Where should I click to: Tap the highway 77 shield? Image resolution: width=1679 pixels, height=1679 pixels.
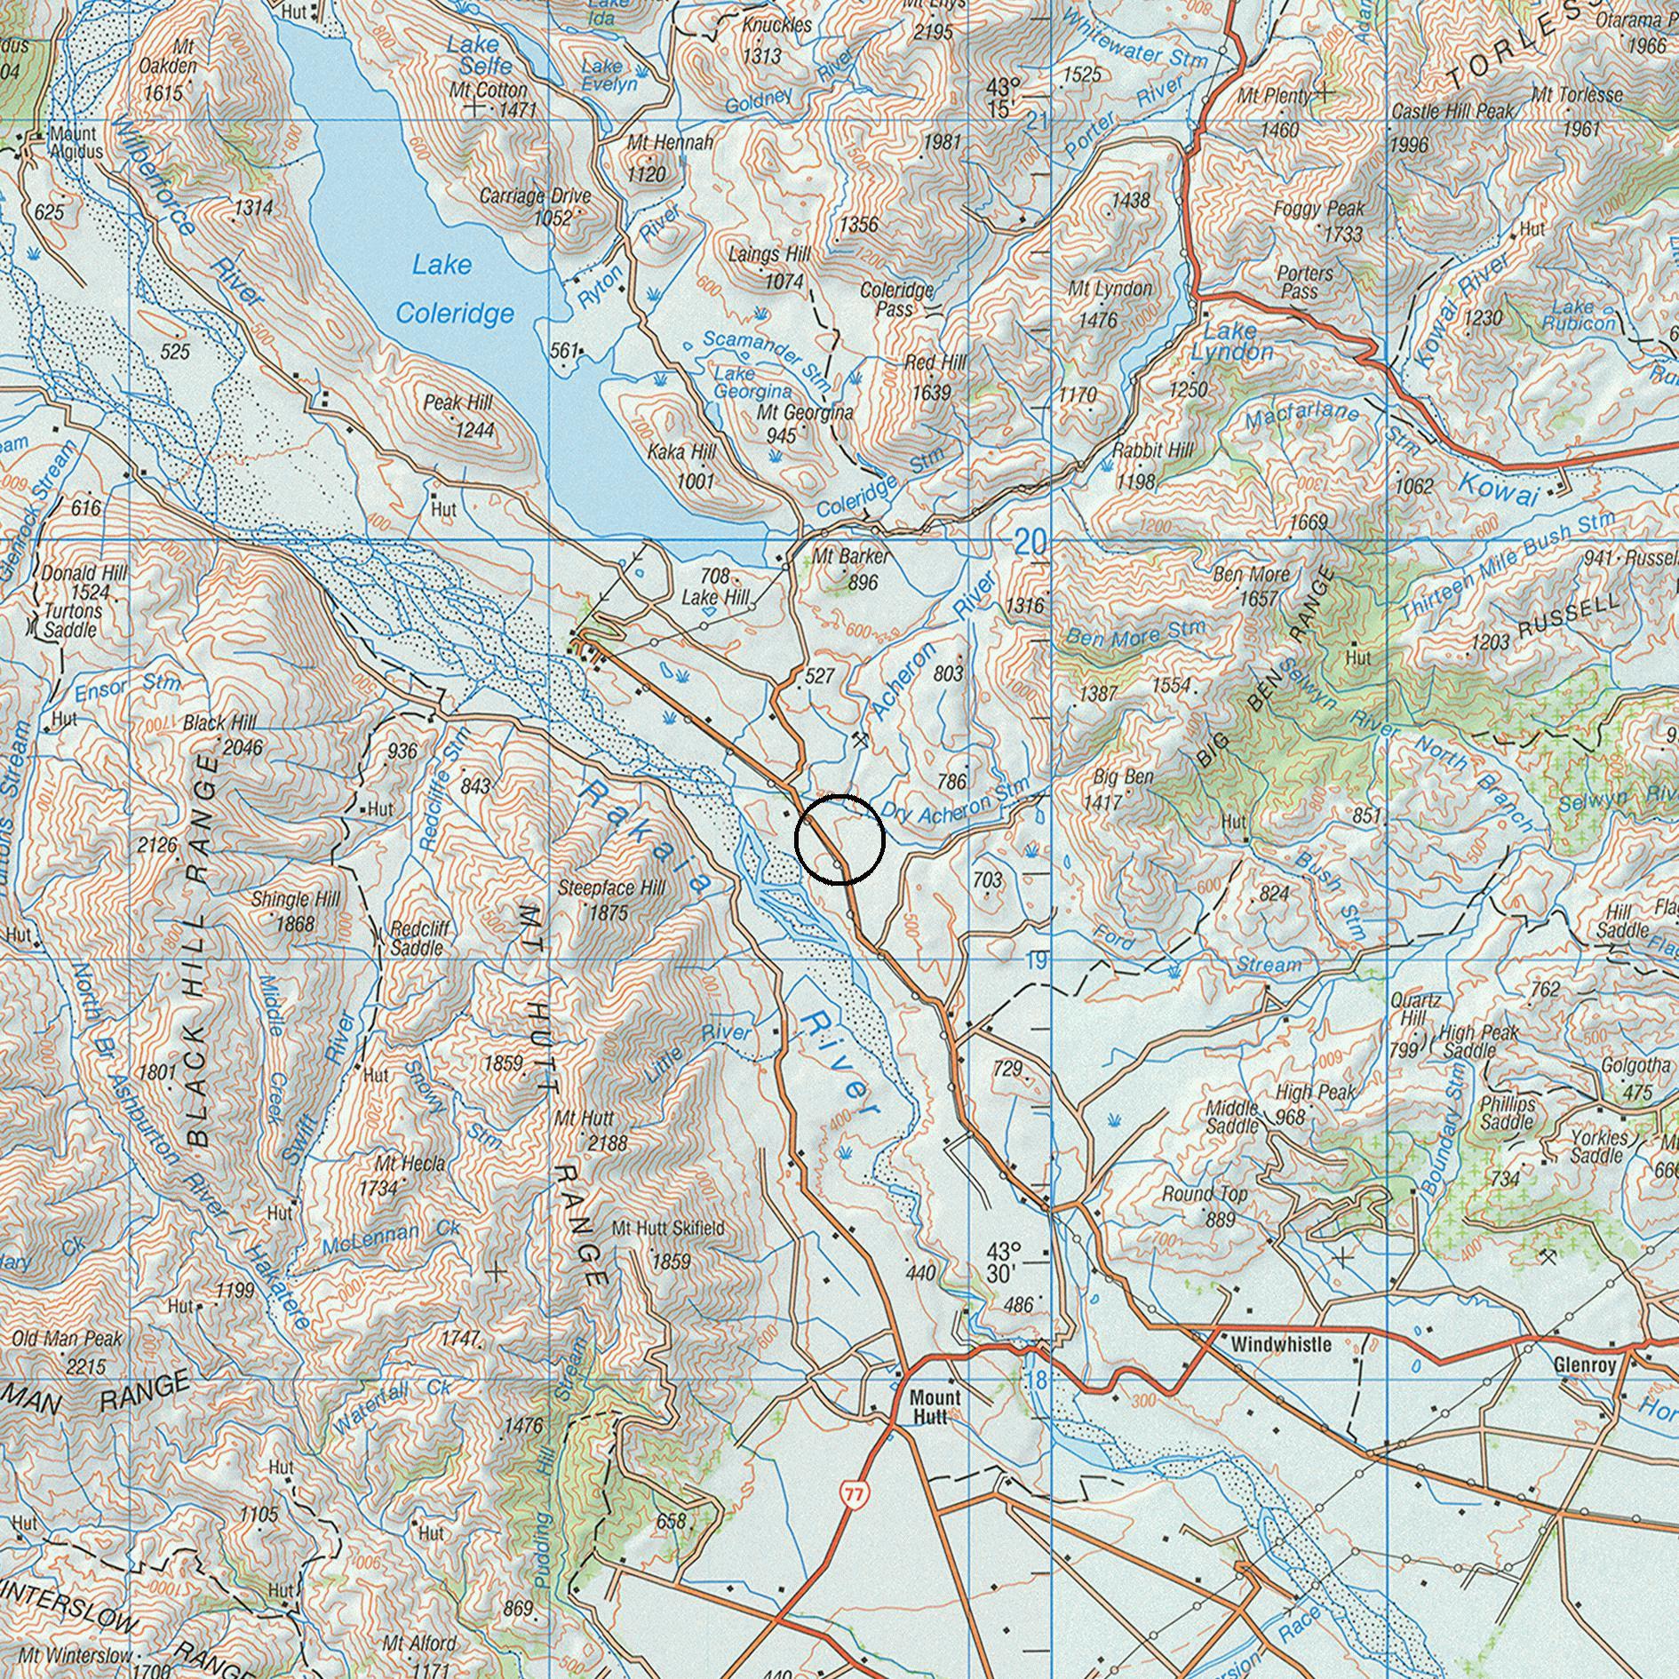(855, 1493)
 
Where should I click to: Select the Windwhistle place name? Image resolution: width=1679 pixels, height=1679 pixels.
(1281, 1345)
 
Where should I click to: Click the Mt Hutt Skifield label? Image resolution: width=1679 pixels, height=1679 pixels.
(668, 1229)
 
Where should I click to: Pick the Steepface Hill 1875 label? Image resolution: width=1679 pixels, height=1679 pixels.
(611, 899)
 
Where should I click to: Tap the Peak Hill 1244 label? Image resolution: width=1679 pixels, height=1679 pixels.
(461, 416)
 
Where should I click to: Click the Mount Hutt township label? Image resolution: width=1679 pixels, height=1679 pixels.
(935, 1407)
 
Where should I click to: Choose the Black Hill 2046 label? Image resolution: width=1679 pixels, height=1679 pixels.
(223, 735)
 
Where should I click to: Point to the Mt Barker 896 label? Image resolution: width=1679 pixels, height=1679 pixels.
(850, 569)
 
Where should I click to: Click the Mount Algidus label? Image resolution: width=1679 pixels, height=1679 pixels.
(76, 142)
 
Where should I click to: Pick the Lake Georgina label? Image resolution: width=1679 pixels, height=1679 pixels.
(753, 382)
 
